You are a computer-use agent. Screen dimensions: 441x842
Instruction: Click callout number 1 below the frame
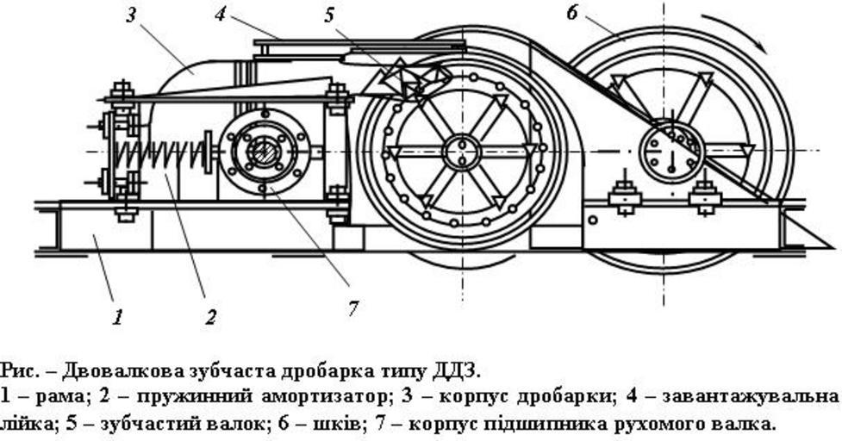coord(118,316)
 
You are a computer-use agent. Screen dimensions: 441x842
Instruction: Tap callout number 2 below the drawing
coord(209,317)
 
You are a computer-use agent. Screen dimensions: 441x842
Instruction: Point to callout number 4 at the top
coord(221,15)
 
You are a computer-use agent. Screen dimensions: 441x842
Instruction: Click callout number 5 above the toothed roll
coord(330,15)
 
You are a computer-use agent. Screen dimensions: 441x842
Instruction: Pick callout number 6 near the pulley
coord(573,13)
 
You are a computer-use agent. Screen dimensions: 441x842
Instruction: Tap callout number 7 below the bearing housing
coord(353,307)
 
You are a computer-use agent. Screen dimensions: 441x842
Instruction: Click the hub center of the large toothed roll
coord(462,153)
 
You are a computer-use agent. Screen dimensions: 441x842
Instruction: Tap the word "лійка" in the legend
coord(22,424)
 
